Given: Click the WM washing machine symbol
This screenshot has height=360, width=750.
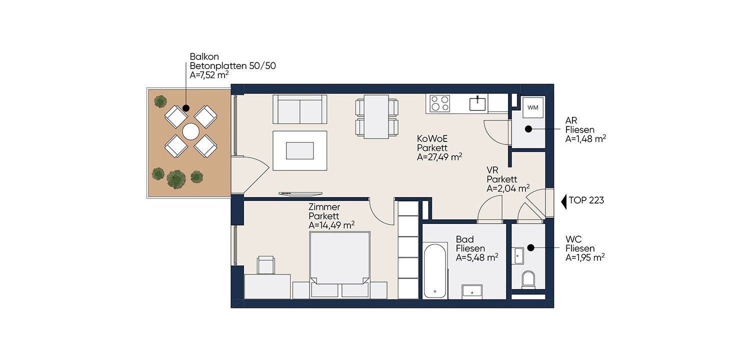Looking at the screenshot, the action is (x=532, y=107).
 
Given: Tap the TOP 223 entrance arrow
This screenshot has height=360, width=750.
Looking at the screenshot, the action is (x=564, y=201).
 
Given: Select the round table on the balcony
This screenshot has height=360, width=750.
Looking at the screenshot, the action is (x=191, y=131).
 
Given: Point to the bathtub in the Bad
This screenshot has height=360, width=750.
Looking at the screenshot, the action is (x=435, y=269).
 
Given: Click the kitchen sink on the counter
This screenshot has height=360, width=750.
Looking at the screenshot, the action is (x=477, y=103).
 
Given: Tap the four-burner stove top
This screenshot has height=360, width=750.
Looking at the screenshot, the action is (x=440, y=103).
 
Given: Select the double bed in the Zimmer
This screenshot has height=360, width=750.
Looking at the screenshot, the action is (x=340, y=264).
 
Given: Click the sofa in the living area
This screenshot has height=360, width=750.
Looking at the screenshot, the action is (x=299, y=109).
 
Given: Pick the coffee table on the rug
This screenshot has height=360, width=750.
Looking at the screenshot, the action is (x=299, y=150).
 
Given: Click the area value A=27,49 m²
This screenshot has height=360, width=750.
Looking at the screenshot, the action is (x=439, y=156).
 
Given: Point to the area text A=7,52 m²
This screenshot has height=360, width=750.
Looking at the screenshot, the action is (x=209, y=74).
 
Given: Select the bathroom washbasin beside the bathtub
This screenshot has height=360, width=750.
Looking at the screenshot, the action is (x=472, y=291).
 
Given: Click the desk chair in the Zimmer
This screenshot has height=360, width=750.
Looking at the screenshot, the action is (x=266, y=265).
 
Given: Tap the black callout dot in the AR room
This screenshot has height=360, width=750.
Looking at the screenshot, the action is (x=528, y=129).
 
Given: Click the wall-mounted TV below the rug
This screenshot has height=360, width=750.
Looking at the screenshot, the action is (x=300, y=193).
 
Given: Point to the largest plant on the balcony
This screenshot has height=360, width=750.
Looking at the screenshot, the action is (x=176, y=179).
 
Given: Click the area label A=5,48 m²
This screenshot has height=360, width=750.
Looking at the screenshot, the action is (x=477, y=257).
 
